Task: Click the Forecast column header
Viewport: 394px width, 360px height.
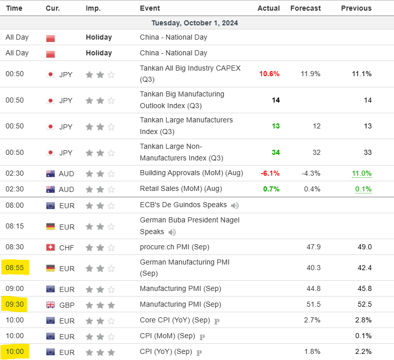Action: pyautogui.click(x=305, y=8)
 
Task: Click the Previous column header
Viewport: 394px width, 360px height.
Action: pyautogui.click(x=356, y=8)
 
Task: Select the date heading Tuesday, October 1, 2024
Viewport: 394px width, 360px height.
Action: pyautogui.click(x=194, y=23)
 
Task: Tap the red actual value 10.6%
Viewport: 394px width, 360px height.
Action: pyautogui.click(x=269, y=74)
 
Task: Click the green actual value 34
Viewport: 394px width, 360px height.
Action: pyautogui.click(x=275, y=152)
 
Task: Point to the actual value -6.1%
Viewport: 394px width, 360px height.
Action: pyautogui.click(x=270, y=173)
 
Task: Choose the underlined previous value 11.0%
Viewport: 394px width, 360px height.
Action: pyautogui.click(x=362, y=173)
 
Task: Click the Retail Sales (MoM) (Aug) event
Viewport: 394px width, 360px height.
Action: pyautogui.click(x=181, y=189)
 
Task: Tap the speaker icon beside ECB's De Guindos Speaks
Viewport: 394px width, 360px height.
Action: pyautogui.click(x=234, y=205)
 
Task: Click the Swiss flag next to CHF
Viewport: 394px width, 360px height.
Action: pyautogui.click(x=50, y=247)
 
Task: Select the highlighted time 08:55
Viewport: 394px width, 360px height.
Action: pyautogui.click(x=15, y=268)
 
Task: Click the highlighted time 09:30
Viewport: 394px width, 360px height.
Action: pyautogui.click(x=15, y=305)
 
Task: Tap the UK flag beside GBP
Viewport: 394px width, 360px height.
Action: pyautogui.click(x=50, y=305)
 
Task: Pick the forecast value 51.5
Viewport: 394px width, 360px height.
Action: pyautogui.click(x=312, y=305)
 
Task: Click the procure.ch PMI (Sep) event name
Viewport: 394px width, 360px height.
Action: pyautogui.click(x=175, y=247)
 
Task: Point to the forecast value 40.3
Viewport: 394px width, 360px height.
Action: pyautogui.click(x=312, y=268)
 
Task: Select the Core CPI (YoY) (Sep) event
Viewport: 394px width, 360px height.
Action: pyautogui.click(x=175, y=320)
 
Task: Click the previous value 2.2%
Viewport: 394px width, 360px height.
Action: pyautogui.click(x=363, y=352)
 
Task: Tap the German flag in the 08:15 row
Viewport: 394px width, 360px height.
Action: pyautogui.click(x=50, y=226)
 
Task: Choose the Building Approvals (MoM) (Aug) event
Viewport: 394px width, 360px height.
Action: pyautogui.click(x=191, y=173)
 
